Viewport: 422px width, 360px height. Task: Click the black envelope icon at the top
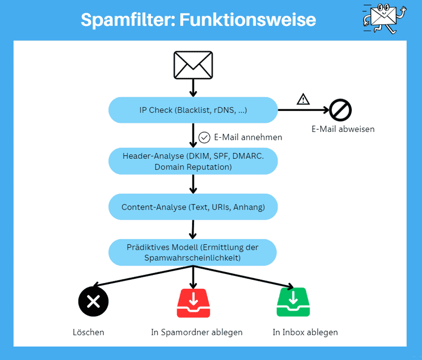point(193,65)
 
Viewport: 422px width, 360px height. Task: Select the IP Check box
point(193,110)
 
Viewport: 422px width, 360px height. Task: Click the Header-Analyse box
point(193,162)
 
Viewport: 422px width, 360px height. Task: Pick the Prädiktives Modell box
point(193,252)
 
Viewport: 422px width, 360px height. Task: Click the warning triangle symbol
point(303,99)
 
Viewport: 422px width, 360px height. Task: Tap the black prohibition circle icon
point(340,110)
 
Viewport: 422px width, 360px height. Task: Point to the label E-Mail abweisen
point(343,129)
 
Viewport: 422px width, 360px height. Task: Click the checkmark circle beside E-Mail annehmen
point(205,137)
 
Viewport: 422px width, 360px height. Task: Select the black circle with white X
point(93,301)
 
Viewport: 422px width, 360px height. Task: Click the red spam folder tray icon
point(193,302)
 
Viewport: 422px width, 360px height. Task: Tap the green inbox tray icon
point(293,302)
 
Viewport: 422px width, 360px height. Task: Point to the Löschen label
point(89,333)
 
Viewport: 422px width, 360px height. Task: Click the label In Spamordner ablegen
point(197,333)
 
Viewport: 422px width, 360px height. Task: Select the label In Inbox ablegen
point(305,333)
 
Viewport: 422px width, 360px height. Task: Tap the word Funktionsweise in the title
point(247,20)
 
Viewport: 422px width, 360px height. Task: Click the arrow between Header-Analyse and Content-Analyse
point(193,184)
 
